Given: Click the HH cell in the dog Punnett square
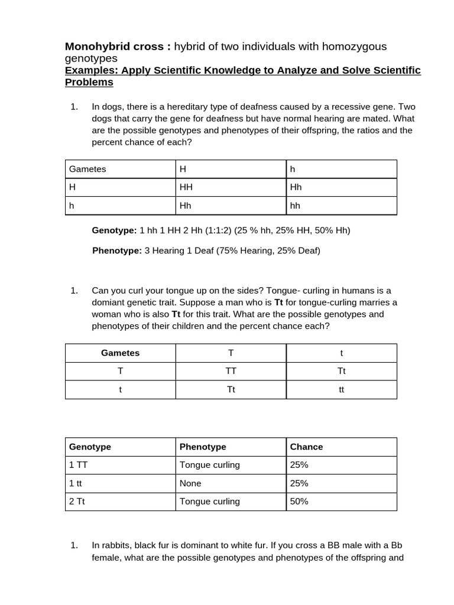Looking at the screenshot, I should (186, 187).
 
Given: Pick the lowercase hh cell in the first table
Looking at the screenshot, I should (295, 206).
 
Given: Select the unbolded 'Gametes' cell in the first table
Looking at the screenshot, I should (87, 169).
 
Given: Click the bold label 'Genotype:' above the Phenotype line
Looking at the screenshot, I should (114, 230).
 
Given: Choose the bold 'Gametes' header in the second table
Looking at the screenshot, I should (120, 353).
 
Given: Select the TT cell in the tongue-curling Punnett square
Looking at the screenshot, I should (231, 371).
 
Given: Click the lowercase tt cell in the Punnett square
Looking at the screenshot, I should (341, 389).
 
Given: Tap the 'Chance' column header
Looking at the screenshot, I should (306, 447).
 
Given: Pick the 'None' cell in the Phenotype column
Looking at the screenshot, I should (190, 483).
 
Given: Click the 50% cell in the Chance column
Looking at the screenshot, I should (299, 502).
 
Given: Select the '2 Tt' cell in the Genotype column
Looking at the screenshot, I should (77, 502).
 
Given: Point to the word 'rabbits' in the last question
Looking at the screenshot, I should (119, 545).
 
